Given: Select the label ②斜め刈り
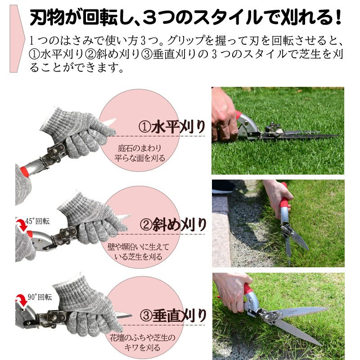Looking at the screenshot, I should (173, 223).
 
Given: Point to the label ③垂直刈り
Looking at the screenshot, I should (173, 314).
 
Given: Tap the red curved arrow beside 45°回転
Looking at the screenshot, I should (22, 225).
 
